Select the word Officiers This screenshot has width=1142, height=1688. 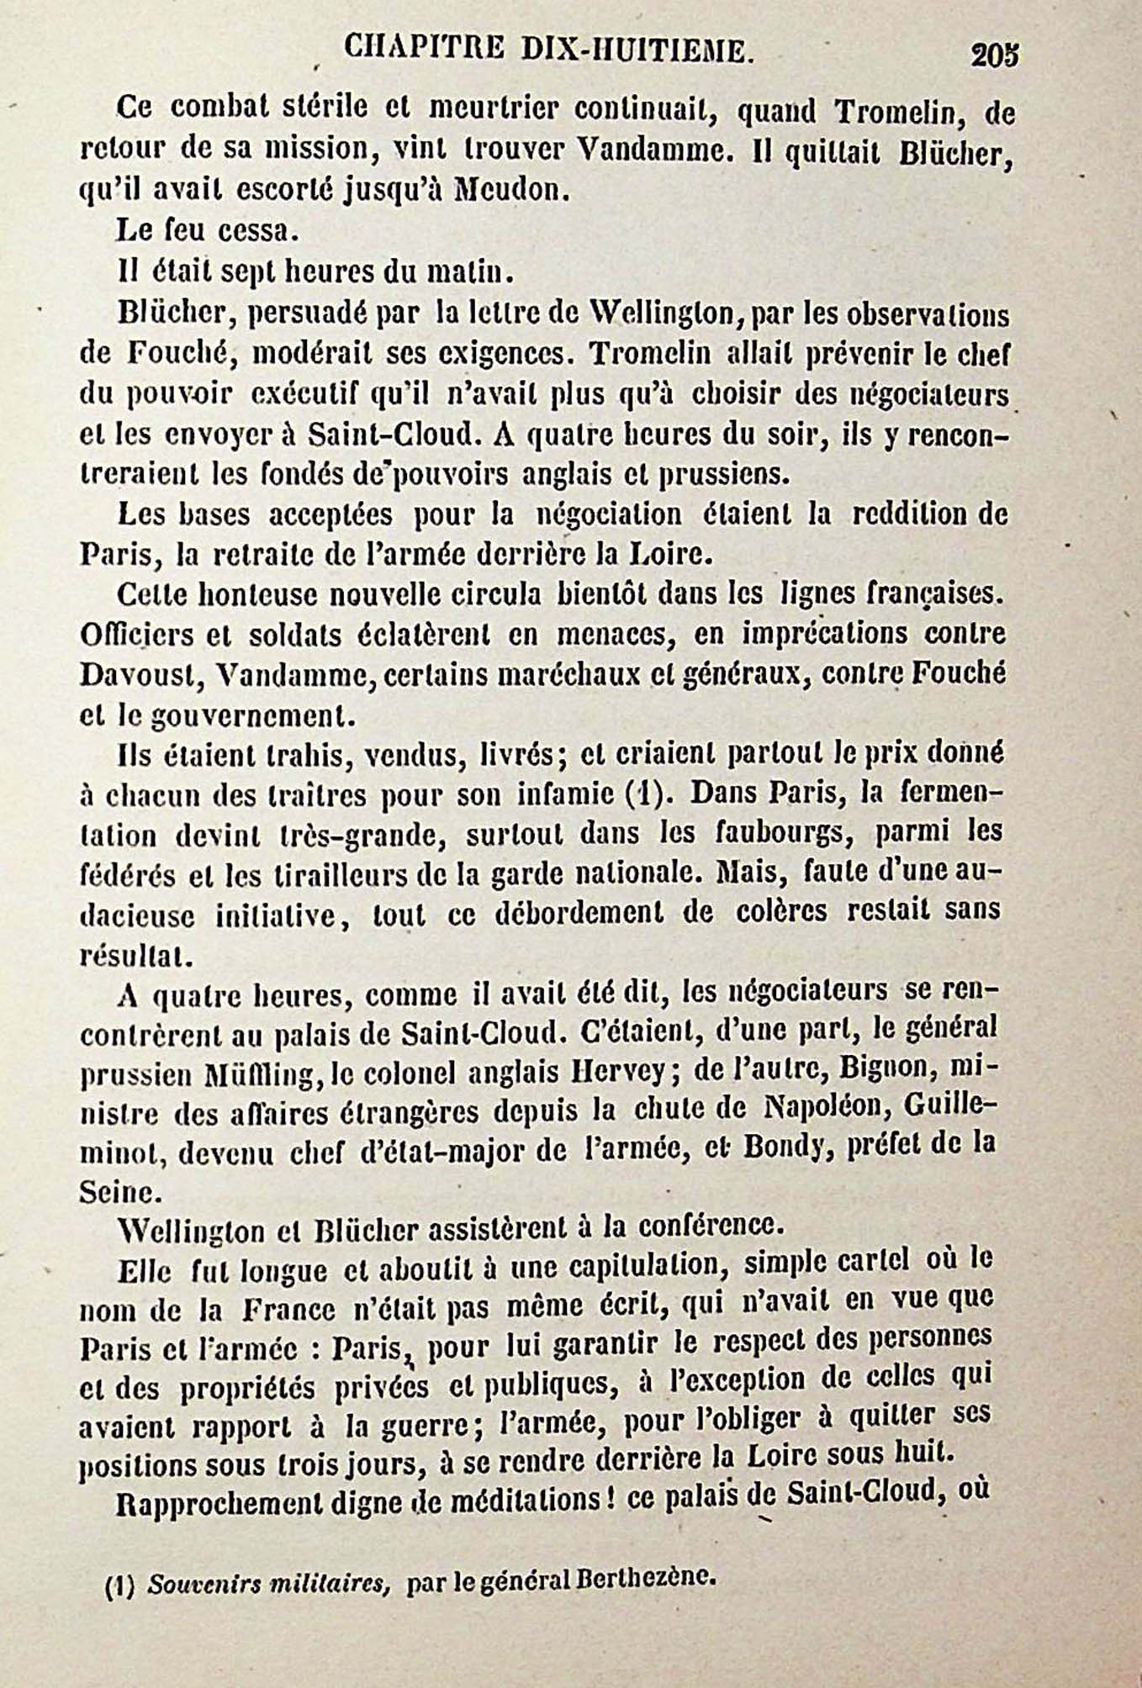(135, 635)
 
